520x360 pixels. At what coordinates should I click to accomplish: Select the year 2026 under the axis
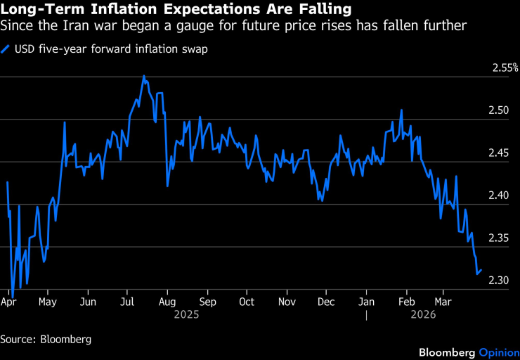tap(423, 315)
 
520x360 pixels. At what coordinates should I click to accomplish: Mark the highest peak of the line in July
tap(144, 76)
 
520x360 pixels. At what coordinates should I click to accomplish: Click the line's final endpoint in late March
tap(481, 270)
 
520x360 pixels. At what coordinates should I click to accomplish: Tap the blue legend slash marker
tap(6, 49)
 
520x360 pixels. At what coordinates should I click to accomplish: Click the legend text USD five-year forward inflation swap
tap(110, 49)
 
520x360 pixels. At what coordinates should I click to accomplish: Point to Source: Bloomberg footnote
tap(46, 339)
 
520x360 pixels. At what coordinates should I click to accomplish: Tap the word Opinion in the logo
tap(498, 352)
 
